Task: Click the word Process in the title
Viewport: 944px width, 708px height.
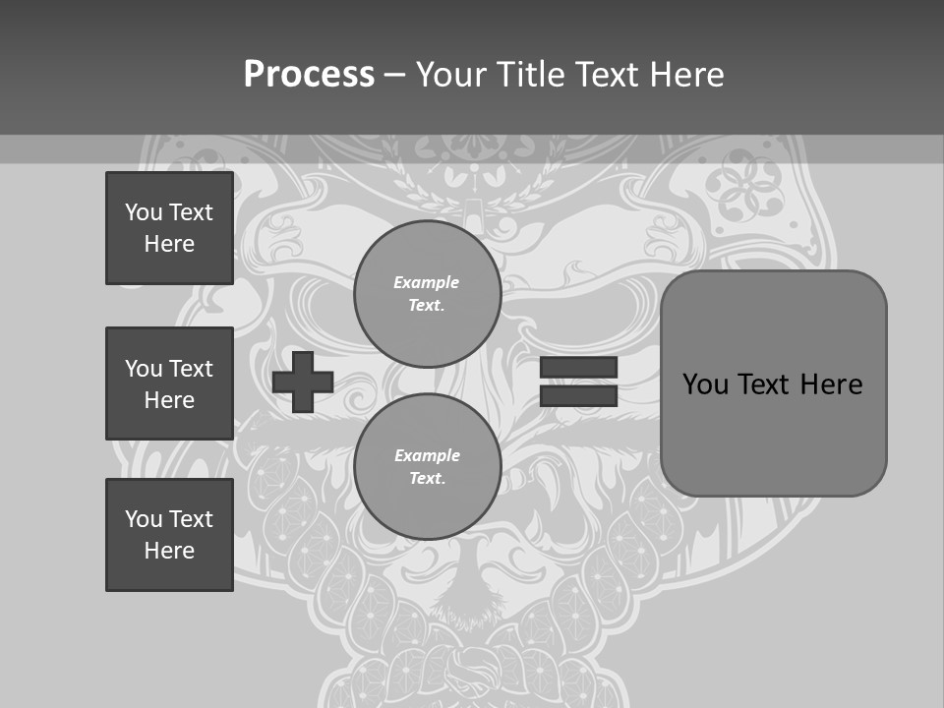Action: pos(309,74)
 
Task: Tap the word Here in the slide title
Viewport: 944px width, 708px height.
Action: pos(688,75)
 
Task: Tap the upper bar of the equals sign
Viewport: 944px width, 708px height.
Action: pos(578,368)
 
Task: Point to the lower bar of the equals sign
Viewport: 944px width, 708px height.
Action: pos(578,396)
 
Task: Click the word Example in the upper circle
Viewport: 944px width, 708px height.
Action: pos(426,282)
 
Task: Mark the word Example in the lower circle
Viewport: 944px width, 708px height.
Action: pos(427,455)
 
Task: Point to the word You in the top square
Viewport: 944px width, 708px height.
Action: pos(143,212)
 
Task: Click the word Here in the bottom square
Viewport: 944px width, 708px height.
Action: pos(169,551)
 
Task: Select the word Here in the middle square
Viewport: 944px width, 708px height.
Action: pos(169,400)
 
